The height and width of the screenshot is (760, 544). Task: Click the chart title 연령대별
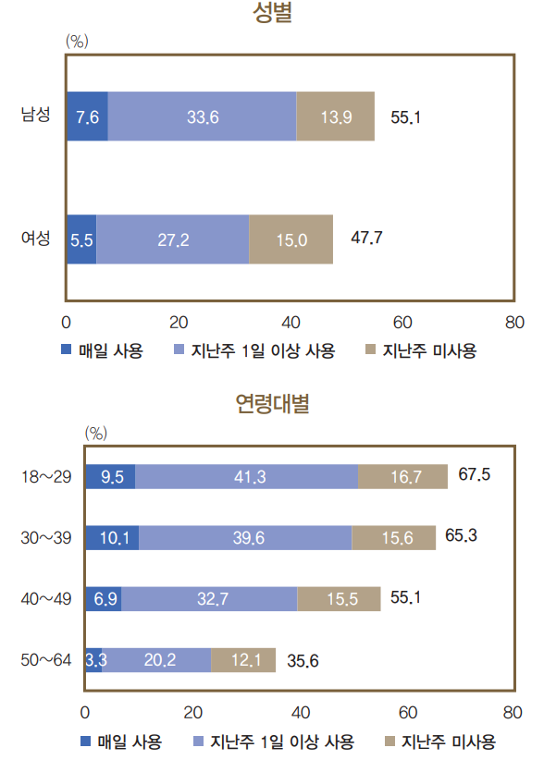[x=272, y=404]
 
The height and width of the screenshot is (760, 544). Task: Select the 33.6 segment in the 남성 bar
[x=202, y=116]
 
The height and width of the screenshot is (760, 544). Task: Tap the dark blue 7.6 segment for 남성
[x=87, y=116]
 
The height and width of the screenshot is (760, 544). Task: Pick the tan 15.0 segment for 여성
[x=291, y=239]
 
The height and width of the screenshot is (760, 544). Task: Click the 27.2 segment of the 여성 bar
[x=173, y=239]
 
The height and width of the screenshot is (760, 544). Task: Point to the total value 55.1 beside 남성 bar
[x=406, y=117]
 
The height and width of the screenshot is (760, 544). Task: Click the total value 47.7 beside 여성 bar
[x=367, y=239]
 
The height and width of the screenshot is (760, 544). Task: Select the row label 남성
[x=36, y=116]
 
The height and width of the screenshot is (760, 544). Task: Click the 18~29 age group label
[x=44, y=477]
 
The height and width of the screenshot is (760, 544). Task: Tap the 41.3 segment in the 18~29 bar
[x=246, y=477]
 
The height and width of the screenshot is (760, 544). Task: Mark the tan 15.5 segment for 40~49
[x=339, y=599]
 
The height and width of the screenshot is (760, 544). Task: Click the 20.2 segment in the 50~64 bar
[x=156, y=660]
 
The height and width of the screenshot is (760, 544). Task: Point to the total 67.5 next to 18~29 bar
[x=475, y=475]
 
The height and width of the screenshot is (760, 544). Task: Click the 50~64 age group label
[x=44, y=660]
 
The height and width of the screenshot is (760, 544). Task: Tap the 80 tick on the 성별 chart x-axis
[x=514, y=323]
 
